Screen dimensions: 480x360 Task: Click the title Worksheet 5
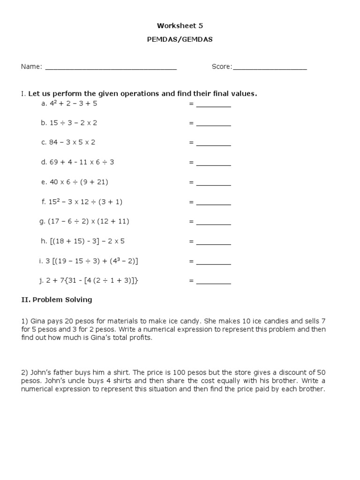coord(180,26)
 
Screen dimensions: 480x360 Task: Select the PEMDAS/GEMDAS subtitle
coord(180,40)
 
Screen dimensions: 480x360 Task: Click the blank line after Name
coord(111,67)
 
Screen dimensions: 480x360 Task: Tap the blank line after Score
coord(270,67)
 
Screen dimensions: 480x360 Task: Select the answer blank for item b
coord(213,124)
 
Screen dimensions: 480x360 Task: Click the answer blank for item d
coord(213,163)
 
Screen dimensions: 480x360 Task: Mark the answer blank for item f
coord(213,203)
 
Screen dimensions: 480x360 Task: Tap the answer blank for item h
coord(213,242)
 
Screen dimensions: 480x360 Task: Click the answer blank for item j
coord(213,282)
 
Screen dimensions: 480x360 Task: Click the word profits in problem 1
coord(141,338)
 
